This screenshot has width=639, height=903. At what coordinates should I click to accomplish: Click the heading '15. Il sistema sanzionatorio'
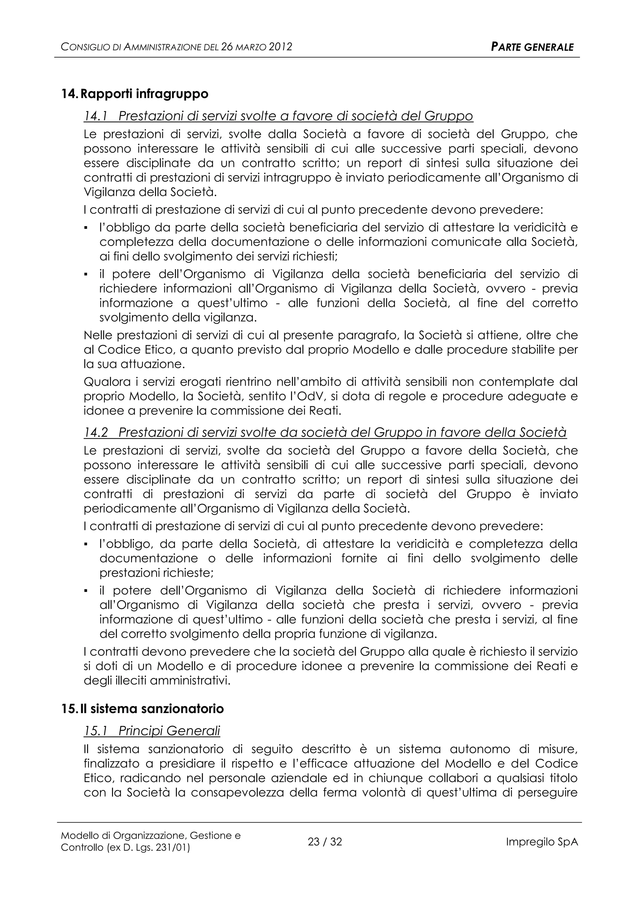[143, 709]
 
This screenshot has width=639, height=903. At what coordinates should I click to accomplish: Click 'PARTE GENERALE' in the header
[532, 48]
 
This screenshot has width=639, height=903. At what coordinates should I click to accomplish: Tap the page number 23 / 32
[324, 842]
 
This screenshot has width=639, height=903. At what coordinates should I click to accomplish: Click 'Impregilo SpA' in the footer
[541, 842]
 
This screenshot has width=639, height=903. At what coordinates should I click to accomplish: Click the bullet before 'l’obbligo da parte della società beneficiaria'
[86, 228]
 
